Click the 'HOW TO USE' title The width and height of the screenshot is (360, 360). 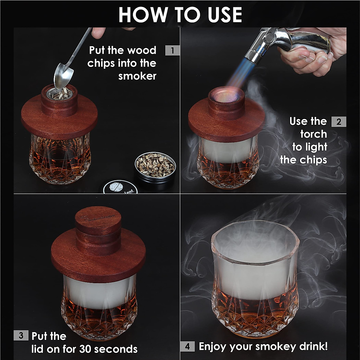point(180,14)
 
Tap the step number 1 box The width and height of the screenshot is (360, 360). point(172,50)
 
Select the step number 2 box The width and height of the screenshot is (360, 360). point(339,122)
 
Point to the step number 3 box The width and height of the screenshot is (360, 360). point(21,335)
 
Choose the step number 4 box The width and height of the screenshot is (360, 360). point(187,346)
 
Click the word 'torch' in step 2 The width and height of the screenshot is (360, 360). point(313,134)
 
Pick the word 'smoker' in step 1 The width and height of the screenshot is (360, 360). point(137,76)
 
